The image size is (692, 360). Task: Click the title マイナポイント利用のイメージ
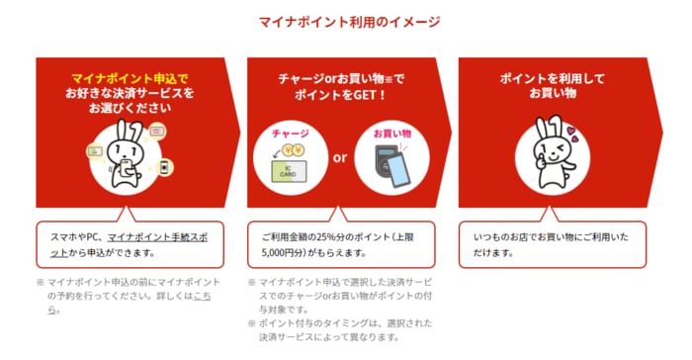pyautogui.click(x=349, y=22)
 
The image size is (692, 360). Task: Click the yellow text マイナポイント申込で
pyautogui.click(x=130, y=79)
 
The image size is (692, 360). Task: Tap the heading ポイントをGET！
pyautogui.click(x=340, y=95)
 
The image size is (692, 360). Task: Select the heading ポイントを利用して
pyautogui.click(x=552, y=79)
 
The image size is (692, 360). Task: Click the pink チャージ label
pyautogui.click(x=291, y=134)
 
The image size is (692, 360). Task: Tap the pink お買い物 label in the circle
pyautogui.click(x=391, y=134)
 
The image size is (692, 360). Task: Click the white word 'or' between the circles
pyautogui.click(x=340, y=157)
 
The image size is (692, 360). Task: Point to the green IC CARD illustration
pyautogui.click(x=289, y=172)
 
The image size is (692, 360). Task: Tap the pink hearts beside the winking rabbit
pyautogui.click(x=572, y=134)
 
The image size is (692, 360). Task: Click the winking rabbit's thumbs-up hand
pyautogui.click(x=540, y=163)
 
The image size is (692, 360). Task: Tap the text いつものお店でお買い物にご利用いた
pyautogui.click(x=551, y=237)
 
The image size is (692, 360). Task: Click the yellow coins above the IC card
pyautogui.click(x=294, y=151)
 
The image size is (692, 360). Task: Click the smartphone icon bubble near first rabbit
pyautogui.click(x=164, y=167)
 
